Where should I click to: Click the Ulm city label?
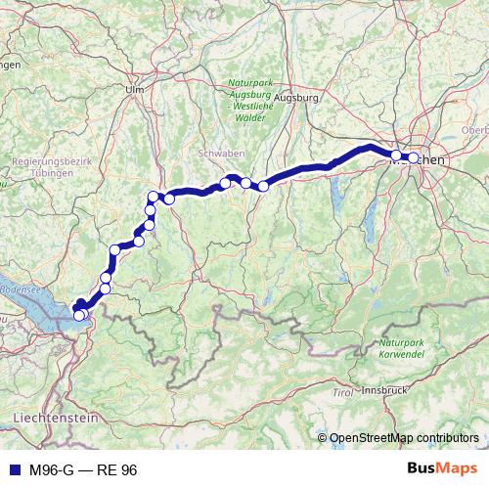[x=134, y=89]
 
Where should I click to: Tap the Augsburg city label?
[x=298, y=99]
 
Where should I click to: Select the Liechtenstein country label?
[x=56, y=418]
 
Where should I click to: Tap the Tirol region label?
[x=342, y=392]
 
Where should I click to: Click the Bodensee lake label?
[x=20, y=290]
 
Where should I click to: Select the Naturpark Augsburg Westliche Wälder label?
[x=251, y=100]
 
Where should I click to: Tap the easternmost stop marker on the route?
[x=413, y=157]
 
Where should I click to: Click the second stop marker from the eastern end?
[x=396, y=156]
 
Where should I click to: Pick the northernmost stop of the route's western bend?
[x=153, y=197]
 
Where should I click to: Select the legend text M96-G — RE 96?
[x=83, y=470]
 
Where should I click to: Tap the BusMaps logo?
[x=442, y=469]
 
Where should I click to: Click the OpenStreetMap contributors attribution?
[x=404, y=439]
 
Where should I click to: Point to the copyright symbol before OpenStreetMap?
[x=323, y=439]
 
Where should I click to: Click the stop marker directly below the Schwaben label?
[x=225, y=183]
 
